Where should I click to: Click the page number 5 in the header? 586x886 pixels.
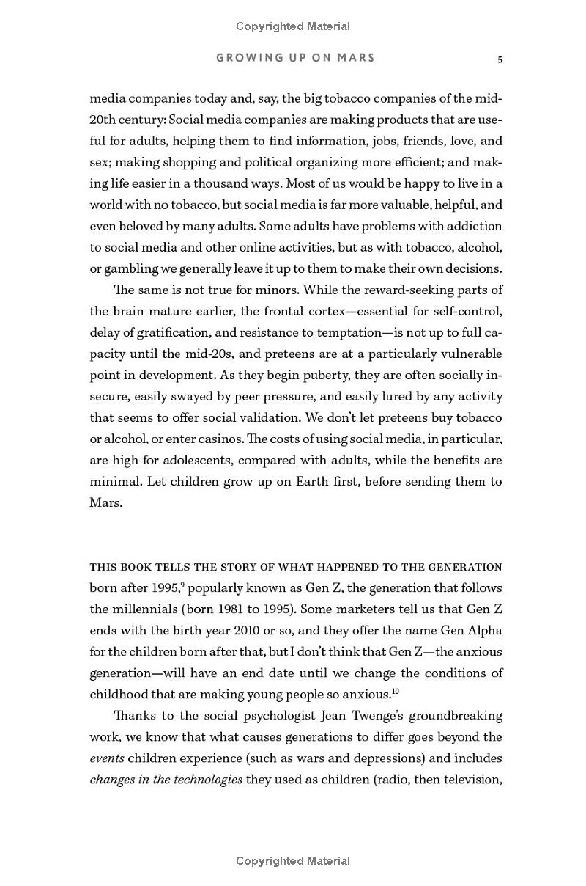pyautogui.click(x=500, y=59)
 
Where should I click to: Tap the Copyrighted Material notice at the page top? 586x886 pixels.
pyautogui.click(x=293, y=26)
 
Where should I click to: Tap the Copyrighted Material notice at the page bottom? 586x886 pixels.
pyautogui.click(x=293, y=861)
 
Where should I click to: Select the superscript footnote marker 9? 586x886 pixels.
pyautogui.click(x=182, y=585)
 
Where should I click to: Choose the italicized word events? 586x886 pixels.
pyautogui.click(x=107, y=758)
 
